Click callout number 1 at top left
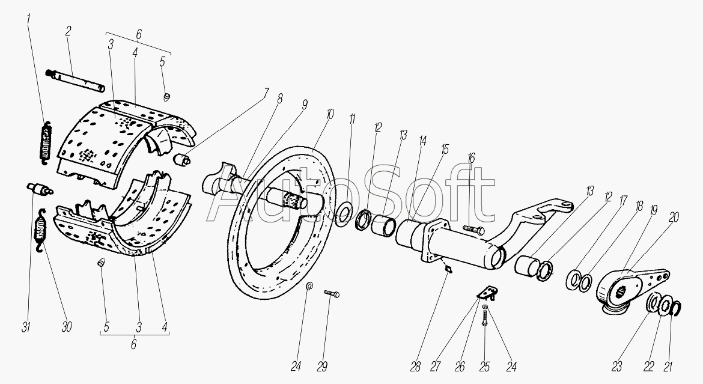coord(29,20)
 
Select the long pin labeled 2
coord(75,79)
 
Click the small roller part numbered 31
coord(40,188)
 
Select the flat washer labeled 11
coord(344,212)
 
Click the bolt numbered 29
coord(332,293)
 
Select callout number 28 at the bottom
coord(416,366)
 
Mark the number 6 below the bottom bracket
coord(133,344)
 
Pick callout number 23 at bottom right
coord(617,366)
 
